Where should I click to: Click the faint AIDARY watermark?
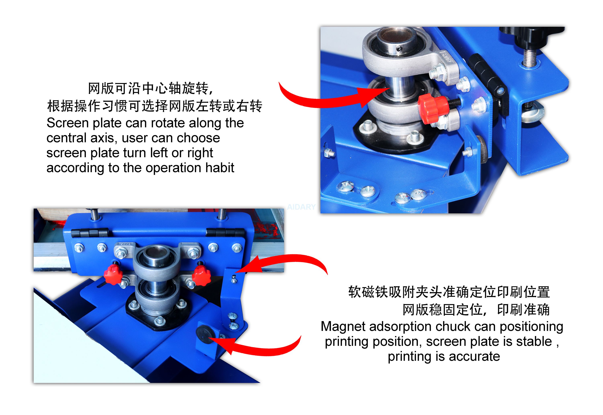tap(301, 207)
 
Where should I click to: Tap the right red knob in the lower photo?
tap(201, 275)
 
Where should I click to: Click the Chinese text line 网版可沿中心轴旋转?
tap(151, 88)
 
